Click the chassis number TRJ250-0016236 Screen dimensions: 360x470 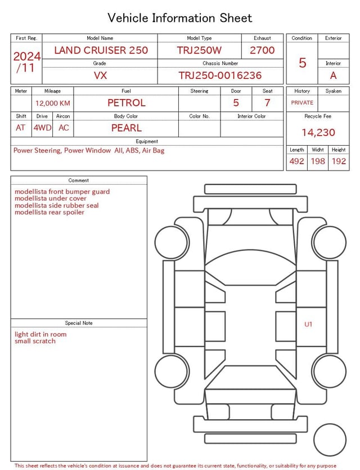[220, 75]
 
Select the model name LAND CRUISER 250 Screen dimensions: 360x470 [101, 50]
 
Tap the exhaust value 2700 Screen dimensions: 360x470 [262, 50]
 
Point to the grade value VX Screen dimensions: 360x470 [100, 75]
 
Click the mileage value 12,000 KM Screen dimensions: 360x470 [53, 104]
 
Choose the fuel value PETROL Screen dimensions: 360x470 [127, 103]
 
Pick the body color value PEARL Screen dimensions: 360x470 [127, 128]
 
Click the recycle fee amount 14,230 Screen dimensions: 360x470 [318, 132]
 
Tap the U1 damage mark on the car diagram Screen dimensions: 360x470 [308, 324]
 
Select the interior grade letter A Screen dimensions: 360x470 [334, 75]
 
